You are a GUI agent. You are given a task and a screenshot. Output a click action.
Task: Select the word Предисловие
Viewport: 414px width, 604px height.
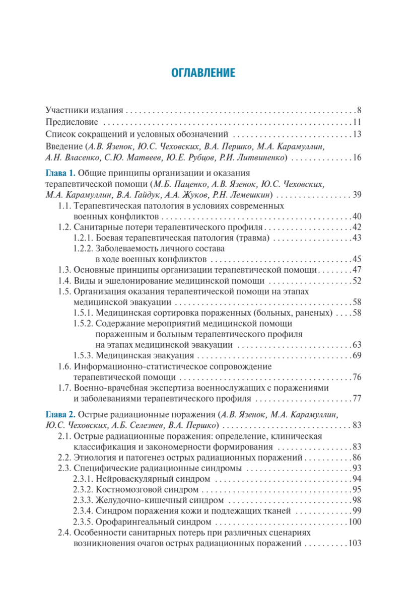tap(70, 122)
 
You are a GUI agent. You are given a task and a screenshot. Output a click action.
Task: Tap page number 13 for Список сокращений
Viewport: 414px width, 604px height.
tap(357, 134)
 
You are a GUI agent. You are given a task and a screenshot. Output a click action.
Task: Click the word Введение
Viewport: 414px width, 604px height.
tap(64, 146)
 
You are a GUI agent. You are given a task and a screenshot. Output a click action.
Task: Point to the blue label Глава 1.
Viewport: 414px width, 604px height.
tap(60, 172)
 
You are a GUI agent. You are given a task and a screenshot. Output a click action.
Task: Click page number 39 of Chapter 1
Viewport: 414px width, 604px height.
tap(357, 195)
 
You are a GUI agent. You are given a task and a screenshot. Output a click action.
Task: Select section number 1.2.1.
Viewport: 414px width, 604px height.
tap(83, 238)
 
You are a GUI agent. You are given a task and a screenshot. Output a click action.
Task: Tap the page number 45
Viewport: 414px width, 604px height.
tap(357, 260)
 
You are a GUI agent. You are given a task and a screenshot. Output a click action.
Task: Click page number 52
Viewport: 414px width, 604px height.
tap(357, 281)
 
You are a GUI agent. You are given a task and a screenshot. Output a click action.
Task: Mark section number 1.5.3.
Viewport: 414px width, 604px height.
tap(83, 356)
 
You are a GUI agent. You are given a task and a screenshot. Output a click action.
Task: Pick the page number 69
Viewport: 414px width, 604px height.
tap(357, 356)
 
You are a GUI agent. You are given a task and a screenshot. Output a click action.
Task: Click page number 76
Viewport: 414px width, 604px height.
tap(357, 377)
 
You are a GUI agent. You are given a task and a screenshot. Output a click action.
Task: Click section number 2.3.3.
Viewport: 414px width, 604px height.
tap(83, 500)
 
